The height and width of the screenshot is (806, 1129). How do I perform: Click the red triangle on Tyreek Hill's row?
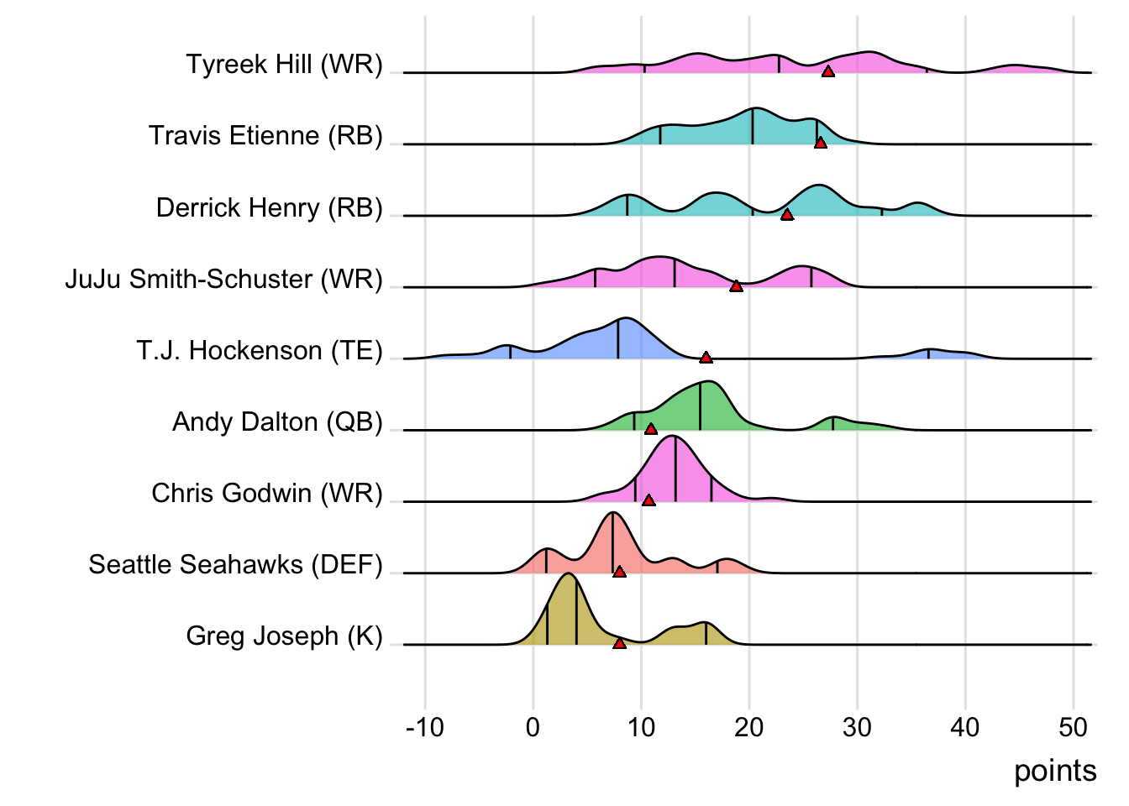[828, 71]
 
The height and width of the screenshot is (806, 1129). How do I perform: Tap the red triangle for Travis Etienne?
[821, 143]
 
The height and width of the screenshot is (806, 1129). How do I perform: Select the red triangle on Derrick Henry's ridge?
[787, 215]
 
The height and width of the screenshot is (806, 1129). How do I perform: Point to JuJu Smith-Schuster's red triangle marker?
[736, 286]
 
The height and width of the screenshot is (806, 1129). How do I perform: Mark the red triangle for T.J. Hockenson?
[706, 358]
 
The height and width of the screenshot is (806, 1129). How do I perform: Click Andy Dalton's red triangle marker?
[650, 429]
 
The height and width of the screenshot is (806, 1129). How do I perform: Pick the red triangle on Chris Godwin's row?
[649, 500]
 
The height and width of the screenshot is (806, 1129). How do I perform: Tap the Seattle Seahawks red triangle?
[619, 572]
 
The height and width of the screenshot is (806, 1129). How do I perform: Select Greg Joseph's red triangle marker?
[619, 643]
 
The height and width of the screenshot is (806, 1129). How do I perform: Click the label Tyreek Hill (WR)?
[284, 65]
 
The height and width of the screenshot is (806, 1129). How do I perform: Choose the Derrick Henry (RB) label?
[269, 207]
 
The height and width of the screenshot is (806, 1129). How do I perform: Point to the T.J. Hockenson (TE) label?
[260, 350]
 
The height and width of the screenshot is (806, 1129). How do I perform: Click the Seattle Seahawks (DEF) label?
[235, 564]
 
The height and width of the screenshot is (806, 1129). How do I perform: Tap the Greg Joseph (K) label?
[284, 636]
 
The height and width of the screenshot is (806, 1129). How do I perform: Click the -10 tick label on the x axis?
[424, 727]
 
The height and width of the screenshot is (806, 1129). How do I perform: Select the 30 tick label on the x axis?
[857, 727]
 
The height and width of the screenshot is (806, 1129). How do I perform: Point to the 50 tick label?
[1073, 727]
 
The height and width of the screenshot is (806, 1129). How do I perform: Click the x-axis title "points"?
[1055, 771]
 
